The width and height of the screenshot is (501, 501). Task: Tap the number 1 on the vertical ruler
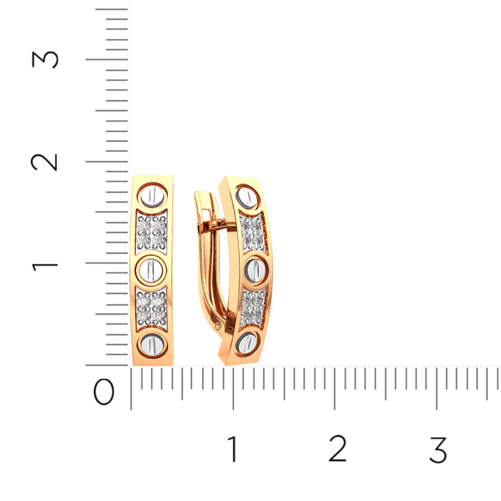pos(45,265)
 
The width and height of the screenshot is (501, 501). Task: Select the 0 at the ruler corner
pos(104,392)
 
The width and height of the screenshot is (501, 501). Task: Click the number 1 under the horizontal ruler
pos(232,450)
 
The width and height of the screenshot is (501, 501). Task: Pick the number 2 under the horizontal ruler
pos(337,450)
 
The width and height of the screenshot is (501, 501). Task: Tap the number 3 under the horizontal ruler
pos(438,450)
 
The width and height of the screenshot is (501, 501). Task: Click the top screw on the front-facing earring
pos(153,197)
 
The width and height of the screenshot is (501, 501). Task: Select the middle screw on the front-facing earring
pos(153,270)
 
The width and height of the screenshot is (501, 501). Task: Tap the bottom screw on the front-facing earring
pos(153,344)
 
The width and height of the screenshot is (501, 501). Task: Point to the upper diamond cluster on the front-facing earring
pos(153,233)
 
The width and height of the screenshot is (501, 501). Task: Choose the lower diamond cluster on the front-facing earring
pos(153,307)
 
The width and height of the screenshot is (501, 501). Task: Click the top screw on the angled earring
pos(247,198)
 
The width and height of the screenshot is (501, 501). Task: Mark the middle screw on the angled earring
pos(254,269)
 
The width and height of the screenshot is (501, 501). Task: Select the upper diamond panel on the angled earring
pos(252,233)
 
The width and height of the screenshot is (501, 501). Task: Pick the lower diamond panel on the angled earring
pos(253,306)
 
